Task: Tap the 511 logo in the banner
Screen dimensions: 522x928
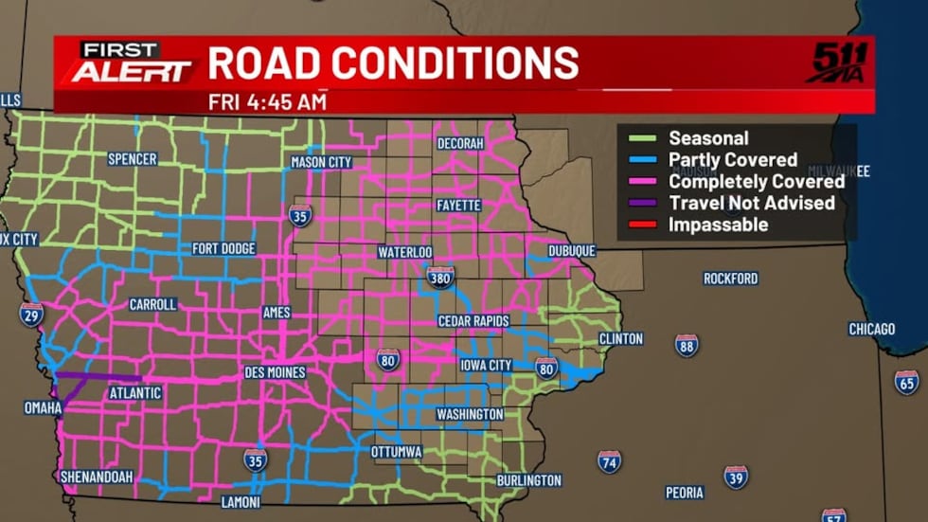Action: (x=838, y=63)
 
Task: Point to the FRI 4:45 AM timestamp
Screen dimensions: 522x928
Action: (x=267, y=101)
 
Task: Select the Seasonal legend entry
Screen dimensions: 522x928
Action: (x=707, y=138)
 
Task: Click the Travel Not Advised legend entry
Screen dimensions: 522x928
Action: (x=751, y=203)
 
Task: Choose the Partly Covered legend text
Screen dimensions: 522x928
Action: (x=732, y=160)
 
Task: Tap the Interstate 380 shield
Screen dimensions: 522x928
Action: (x=440, y=276)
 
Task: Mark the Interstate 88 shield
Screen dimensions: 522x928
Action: (x=687, y=345)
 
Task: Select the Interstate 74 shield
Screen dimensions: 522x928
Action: (x=610, y=461)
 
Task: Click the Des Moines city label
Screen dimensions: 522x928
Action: (x=275, y=372)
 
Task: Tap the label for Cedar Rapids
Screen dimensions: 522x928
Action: (x=473, y=321)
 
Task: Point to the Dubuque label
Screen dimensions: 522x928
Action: (x=571, y=251)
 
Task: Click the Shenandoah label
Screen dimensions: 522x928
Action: (x=96, y=477)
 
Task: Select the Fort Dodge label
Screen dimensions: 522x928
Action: (x=223, y=249)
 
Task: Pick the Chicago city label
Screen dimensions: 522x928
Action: (x=871, y=329)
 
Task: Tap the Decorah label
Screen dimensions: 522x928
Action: (x=460, y=143)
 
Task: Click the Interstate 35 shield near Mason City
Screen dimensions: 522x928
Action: (x=300, y=214)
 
